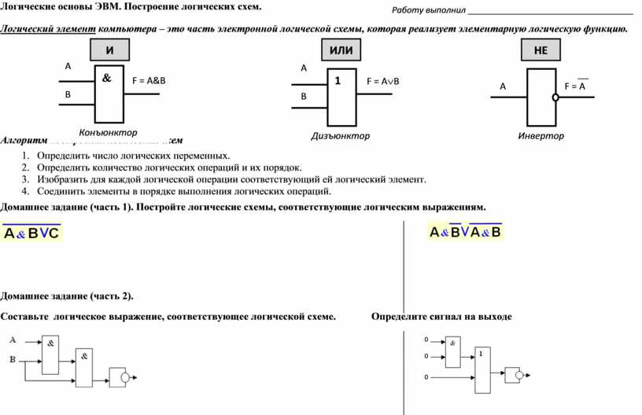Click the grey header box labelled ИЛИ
point(341,50)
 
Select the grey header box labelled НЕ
point(541,50)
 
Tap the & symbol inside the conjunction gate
point(106,79)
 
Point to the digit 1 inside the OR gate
point(338,80)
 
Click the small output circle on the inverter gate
point(555,97)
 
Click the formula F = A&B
point(149,80)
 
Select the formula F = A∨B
point(383,81)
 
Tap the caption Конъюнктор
point(108,132)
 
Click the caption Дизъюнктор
point(340,136)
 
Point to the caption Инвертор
point(541,136)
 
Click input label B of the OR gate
point(304,97)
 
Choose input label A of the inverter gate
point(502,86)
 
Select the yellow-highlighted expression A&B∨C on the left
point(31,233)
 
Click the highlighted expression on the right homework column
point(465,232)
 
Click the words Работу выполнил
point(429,10)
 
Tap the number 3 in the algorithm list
point(25,179)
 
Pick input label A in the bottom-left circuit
point(13,340)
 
